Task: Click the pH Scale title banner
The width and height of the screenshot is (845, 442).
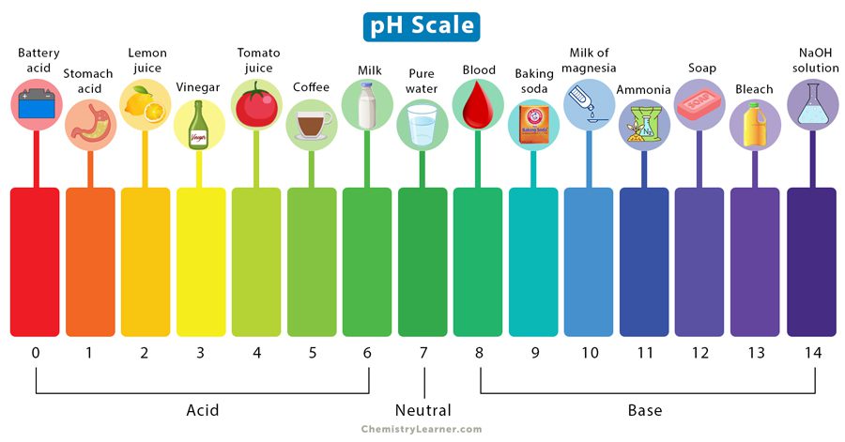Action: [422, 25]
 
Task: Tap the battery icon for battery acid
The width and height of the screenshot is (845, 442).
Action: [35, 103]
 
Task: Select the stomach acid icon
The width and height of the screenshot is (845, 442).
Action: [89, 127]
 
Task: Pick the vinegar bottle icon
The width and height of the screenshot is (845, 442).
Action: [199, 127]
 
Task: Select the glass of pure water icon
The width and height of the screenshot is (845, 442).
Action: [422, 126]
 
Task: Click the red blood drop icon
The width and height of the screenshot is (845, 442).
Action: [477, 103]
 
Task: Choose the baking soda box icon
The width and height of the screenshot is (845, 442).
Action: [532, 126]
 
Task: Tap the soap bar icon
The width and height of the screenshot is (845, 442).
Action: [699, 103]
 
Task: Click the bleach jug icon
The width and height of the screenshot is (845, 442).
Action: [754, 126]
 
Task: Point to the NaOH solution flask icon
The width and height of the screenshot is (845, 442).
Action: [810, 103]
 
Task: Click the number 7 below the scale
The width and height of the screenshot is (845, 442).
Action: [423, 353]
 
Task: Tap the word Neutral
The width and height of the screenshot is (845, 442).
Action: [422, 410]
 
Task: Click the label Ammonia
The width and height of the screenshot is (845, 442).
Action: [644, 90]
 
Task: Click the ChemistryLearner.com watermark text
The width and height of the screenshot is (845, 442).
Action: [422, 429]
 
